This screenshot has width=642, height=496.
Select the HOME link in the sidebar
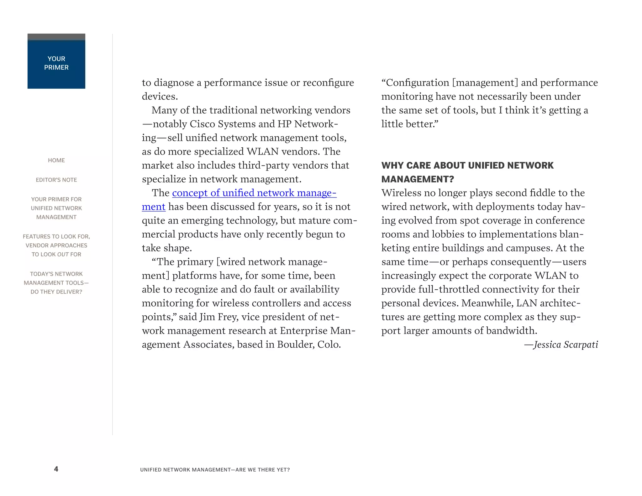[56, 160]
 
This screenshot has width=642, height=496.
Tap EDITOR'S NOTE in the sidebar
[56, 180]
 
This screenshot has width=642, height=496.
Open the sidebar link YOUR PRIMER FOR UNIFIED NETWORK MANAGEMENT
[56, 208]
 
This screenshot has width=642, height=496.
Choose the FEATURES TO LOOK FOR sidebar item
[56, 245]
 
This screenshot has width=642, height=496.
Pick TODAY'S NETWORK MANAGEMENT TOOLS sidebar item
[56, 282]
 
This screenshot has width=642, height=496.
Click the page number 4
[56, 469]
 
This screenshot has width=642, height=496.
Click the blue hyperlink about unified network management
[254, 193]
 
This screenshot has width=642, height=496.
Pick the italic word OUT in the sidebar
[63, 254]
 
